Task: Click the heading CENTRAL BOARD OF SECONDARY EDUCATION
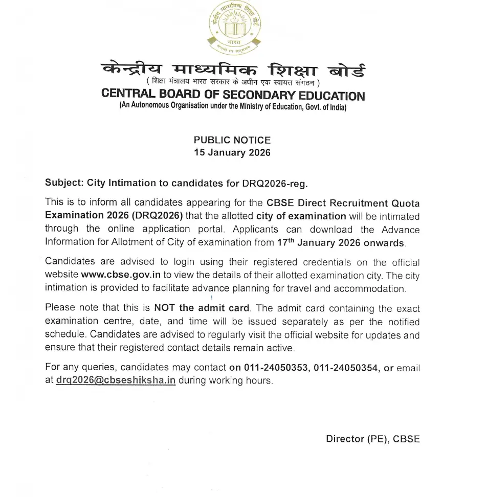point(233,95)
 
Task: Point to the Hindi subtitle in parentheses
point(233,82)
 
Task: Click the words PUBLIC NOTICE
point(232,140)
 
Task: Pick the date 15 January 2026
point(232,152)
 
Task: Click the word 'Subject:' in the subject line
point(64,183)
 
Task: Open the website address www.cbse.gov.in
point(121,275)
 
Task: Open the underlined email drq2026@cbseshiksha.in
point(116,381)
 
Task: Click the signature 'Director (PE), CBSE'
point(372,439)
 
